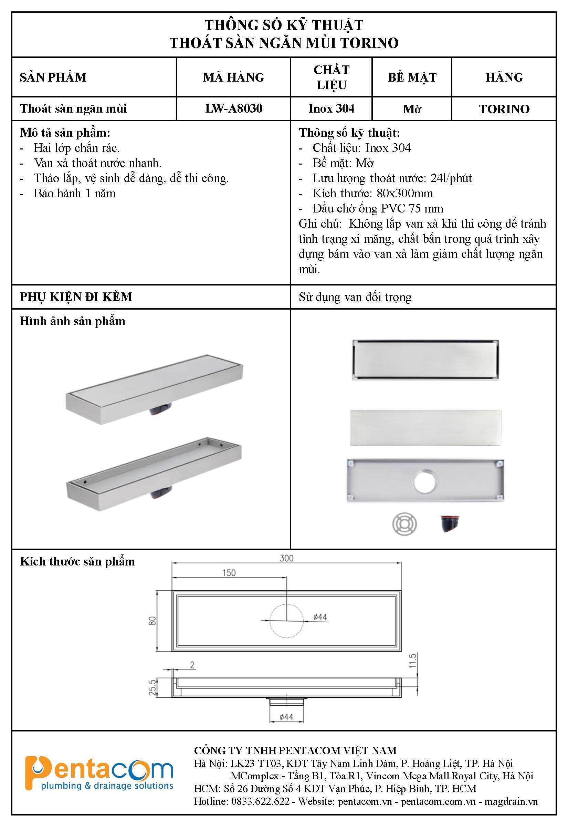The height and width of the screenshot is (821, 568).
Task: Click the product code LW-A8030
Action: pyautogui.click(x=233, y=108)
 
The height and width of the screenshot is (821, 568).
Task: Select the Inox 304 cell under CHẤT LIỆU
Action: pyautogui.click(x=331, y=108)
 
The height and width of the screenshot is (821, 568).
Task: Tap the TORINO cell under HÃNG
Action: pyautogui.click(x=504, y=109)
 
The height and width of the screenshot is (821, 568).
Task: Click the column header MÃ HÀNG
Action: pyautogui.click(x=233, y=77)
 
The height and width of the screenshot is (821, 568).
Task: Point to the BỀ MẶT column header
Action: pyautogui.click(x=412, y=77)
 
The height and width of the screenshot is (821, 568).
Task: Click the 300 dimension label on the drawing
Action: pyautogui.click(x=286, y=558)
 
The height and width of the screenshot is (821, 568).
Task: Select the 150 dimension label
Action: pyautogui.click(x=229, y=572)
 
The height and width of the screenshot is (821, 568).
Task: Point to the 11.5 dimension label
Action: pyautogui.click(x=412, y=661)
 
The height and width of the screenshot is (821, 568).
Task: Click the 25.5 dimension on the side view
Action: pyautogui.click(x=152, y=687)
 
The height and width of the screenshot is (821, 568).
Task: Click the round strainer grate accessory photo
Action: pyautogui.click(x=404, y=524)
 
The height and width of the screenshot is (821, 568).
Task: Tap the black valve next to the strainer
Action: pyautogui.click(x=450, y=523)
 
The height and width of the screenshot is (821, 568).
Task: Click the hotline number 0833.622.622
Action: pyautogui.click(x=260, y=801)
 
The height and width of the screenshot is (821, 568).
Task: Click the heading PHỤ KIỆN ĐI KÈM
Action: pyautogui.click(x=76, y=297)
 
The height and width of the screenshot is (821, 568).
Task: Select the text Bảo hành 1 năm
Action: pyautogui.click(x=74, y=193)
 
